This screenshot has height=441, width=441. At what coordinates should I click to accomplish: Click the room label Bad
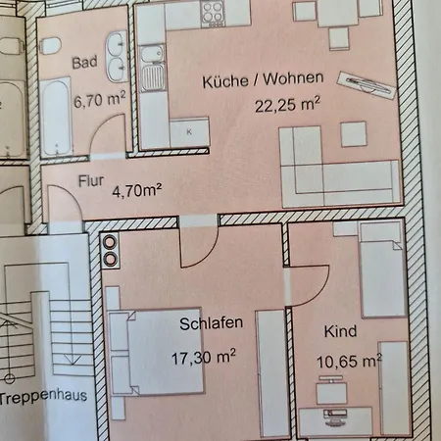point(84,63)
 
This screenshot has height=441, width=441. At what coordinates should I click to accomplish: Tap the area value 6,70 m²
point(100,99)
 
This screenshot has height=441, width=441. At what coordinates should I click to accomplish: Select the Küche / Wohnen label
point(263,80)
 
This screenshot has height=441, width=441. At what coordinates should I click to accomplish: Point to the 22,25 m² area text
point(287,105)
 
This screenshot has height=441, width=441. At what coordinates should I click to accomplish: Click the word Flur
point(91,181)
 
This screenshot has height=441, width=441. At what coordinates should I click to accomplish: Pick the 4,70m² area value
point(137,190)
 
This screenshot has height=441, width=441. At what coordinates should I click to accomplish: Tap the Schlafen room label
point(211,323)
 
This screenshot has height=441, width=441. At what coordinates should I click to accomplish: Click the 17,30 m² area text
point(204,357)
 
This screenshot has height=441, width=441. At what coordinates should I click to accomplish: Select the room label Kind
point(340,331)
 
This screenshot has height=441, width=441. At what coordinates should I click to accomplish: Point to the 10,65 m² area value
point(349,362)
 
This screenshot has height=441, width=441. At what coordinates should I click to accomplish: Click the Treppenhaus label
point(44,396)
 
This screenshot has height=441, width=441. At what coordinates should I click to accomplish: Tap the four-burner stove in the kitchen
point(213,14)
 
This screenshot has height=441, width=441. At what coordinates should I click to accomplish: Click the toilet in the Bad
point(50,46)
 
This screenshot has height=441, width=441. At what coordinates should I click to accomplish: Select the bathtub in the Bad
point(56,117)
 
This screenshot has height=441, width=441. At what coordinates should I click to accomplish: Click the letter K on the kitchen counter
point(189,132)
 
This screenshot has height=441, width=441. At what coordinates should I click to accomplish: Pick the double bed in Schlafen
point(156,351)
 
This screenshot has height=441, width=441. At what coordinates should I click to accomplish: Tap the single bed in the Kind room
point(381,269)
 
